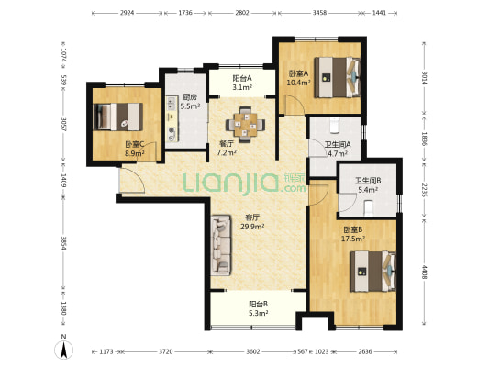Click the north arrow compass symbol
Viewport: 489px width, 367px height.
63,349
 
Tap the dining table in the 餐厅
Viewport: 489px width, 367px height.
246,125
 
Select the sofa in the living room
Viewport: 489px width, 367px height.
221,245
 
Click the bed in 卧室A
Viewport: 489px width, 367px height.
337,77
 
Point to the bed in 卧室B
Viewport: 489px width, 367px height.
373,272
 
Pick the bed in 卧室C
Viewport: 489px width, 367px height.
118,117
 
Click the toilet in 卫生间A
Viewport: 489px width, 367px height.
334,125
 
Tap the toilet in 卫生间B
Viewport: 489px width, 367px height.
369,207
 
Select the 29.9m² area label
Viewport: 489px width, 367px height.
252,227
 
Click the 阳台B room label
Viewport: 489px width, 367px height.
258,304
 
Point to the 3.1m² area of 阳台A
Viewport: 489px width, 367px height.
242,87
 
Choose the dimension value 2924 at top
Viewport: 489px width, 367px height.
127,13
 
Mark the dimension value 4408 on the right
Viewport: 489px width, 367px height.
424,272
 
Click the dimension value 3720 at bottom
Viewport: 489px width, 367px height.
165,351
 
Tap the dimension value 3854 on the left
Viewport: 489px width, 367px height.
63,243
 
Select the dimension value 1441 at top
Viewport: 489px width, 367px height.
379,13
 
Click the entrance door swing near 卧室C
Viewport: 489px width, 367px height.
132,180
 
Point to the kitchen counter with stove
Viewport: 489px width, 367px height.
172,119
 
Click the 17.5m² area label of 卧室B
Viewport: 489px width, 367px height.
353,239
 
